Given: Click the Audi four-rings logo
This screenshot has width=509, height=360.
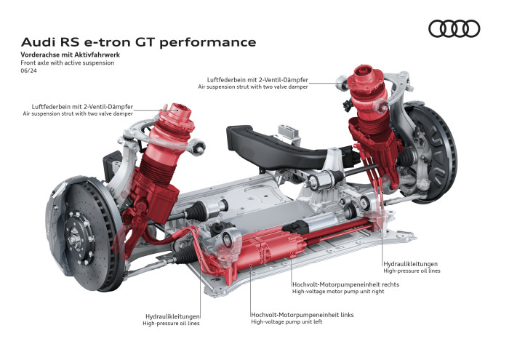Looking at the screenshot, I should (x=454, y=28).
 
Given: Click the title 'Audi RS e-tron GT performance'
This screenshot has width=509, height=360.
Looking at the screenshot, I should (x=138, y=42).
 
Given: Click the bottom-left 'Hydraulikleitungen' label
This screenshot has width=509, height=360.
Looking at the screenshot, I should (x=172, y=316).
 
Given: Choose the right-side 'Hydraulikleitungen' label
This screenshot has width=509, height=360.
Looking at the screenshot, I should (x=411, y=263).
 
